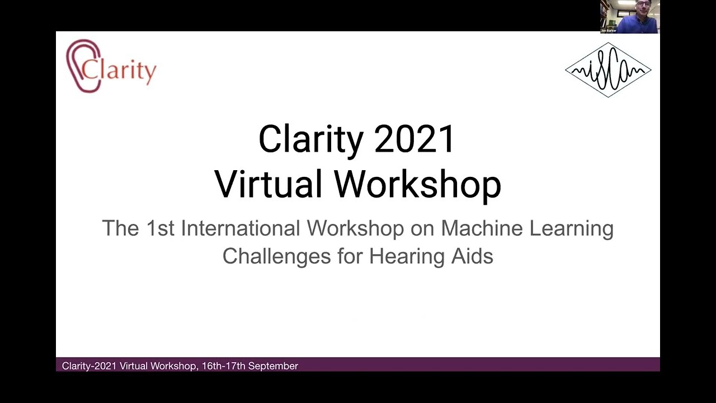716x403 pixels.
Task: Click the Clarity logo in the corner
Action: tap(111, 66)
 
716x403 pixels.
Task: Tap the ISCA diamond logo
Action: tap(608, 70)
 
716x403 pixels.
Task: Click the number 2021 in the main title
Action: tap(414, 139)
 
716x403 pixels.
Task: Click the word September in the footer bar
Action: tap(273, 366)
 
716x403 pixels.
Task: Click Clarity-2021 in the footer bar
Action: tap(89, 366)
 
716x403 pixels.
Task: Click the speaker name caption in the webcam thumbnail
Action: tap(609, 31)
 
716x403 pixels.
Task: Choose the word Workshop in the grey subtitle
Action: tap(355, 228)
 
